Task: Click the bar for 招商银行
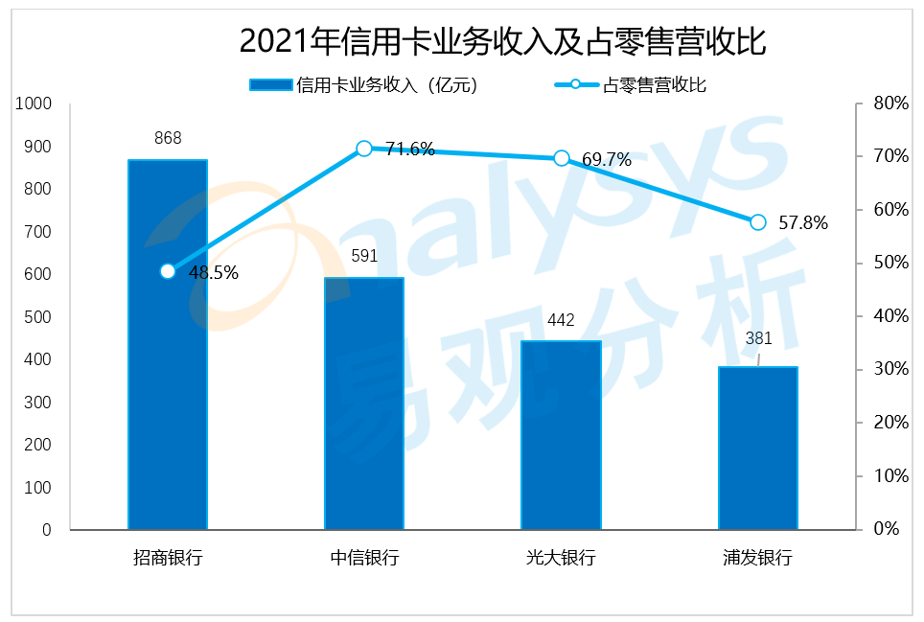click(168, 344)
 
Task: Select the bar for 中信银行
click(364, 403)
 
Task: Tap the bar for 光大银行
click(561, 435)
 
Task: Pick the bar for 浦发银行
click(758, 448)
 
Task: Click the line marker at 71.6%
click(364, 149)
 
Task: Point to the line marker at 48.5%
click(168, 271)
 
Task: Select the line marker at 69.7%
click(562, 158)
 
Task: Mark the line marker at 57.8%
click(758, 222)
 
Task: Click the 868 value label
click(168, 138)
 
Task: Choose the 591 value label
click(364, 256)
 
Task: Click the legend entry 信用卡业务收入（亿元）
click(363, 84)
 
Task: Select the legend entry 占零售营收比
click(632, 84)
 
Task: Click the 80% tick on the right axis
click(889, 104)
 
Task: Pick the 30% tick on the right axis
click(889, 369)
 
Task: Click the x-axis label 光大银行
click(561, 557)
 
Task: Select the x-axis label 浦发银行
click(758, 557)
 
